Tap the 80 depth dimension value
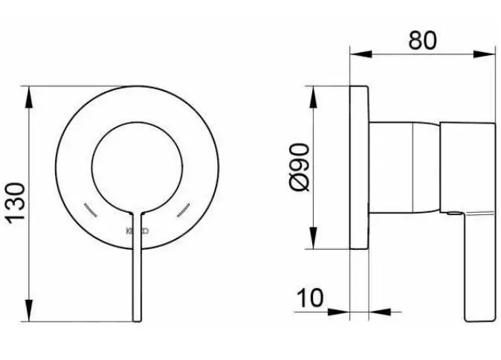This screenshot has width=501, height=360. click(421, 41)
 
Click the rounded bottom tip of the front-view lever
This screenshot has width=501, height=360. click(136, 319)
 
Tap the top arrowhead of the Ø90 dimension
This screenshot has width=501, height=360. click(315, 91)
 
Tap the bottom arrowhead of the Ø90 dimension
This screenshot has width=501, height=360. click(315, 246)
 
